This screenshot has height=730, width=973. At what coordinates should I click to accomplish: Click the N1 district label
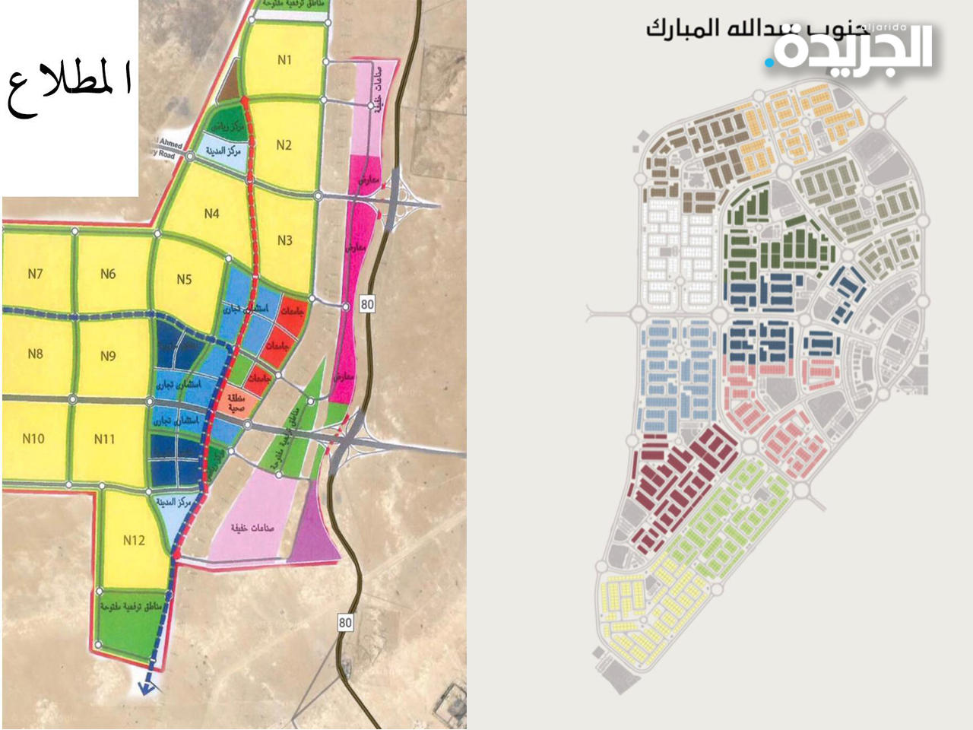coord(284,60)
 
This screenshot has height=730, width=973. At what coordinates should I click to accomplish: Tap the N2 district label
coord(284,145)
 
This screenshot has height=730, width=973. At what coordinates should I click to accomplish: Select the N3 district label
coord(284,240)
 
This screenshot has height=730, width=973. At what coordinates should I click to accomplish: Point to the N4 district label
coord(211,214)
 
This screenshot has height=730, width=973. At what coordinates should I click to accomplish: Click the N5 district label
coord(184,280)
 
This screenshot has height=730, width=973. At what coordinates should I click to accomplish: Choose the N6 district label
coord(108,274)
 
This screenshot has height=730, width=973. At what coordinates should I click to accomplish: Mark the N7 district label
coord(35,274)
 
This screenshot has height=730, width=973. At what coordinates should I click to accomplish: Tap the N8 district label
coord(35,354)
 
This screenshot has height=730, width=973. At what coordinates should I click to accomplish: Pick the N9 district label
coord(108,355)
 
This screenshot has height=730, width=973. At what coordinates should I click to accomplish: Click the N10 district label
coord(33,439)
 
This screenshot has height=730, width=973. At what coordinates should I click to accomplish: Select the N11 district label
coord(105,439)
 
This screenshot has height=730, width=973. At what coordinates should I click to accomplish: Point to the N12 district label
coord(134,541)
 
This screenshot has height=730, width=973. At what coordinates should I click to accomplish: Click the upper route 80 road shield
coord(368,305)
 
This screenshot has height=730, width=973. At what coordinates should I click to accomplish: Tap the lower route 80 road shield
coord(346,623)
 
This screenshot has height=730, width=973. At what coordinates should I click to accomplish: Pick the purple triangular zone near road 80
coord(312,532)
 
